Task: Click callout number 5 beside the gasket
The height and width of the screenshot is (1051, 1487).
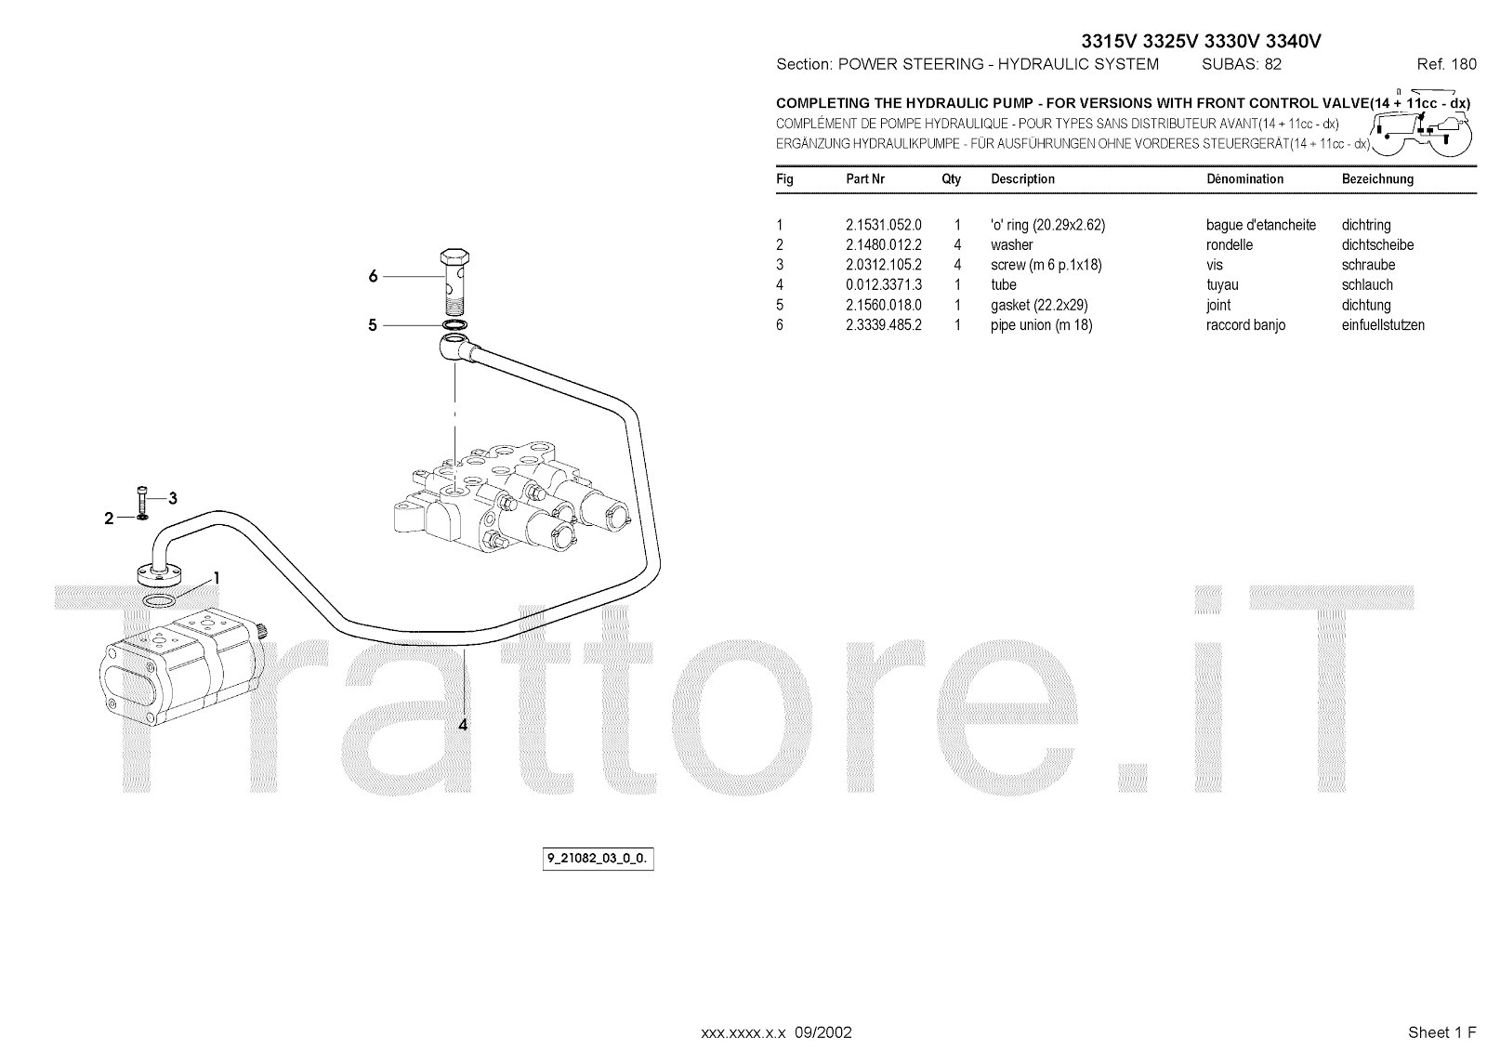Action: [373, 325]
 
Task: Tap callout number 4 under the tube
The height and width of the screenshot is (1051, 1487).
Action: [463, 724]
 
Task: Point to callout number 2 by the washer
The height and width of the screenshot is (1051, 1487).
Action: [109, 519]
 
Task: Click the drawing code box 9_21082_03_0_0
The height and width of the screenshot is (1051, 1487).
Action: [599, 860]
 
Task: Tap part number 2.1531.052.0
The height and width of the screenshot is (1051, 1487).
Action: [883, 225]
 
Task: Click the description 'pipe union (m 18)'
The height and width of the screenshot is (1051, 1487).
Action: [1041, 325]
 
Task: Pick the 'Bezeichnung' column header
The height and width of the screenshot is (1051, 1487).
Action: [1377, 178]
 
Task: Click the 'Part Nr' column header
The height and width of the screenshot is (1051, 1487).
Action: [864, 178]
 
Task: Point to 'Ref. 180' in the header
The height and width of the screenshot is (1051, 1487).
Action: [1446, 64]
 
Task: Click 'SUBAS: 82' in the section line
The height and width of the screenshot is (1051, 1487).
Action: [1241, 64]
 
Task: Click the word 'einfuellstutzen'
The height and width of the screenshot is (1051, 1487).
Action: [1383, 325]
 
